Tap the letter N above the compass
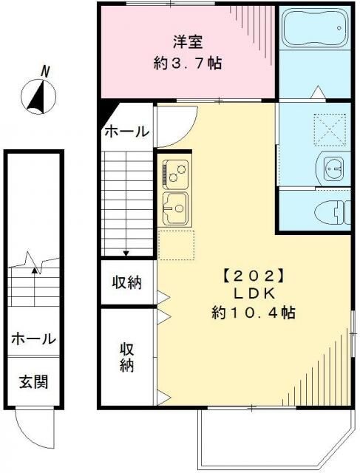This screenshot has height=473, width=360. tap(46, 72)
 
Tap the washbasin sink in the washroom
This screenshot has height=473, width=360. tap(332, 168)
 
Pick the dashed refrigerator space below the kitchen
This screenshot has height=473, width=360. tap(175, 245)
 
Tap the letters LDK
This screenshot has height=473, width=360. tap(251, 295)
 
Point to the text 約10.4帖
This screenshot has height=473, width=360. tap(251, 313)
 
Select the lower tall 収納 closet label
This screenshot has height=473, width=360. tap(126, 356)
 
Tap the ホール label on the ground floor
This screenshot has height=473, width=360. tap(33, 339)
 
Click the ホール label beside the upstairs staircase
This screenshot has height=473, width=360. tap(126, 132)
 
